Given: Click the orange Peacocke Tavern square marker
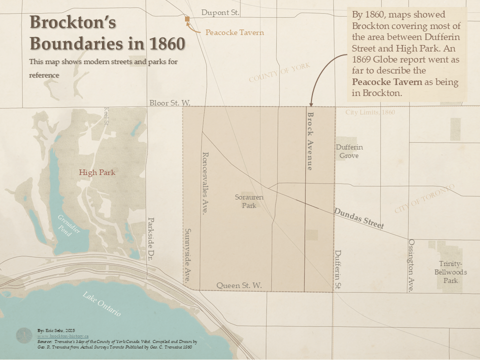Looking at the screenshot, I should (187, 19).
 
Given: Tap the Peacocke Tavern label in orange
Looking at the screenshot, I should (234, 32).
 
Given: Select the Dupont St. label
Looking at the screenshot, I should (220, 12).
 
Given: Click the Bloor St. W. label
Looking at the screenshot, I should (170, 103).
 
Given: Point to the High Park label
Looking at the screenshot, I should (97, 172).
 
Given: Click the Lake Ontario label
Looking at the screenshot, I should (102, 303).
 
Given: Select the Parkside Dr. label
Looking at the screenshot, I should (150, 240).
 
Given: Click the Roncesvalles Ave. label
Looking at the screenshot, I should (204, 183).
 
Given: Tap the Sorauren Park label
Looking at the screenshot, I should (249, 201).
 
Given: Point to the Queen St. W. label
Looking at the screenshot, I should (239, 285).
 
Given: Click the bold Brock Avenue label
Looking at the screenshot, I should (310, 141).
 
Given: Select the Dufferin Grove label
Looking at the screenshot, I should (349, 151).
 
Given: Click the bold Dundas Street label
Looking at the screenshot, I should (359, 218).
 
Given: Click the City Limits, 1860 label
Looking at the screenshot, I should (370, 112).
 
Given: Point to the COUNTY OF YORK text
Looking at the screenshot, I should (279, 73).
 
